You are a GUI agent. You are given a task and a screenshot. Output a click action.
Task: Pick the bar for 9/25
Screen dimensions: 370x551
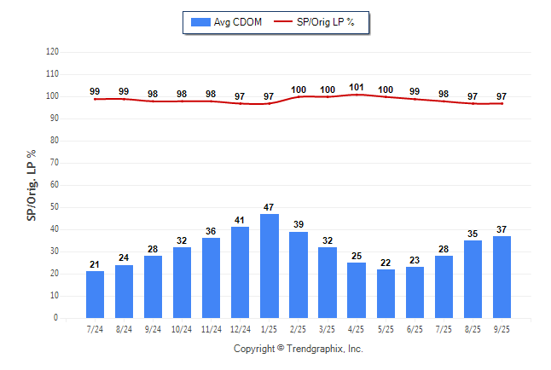pos(502,277)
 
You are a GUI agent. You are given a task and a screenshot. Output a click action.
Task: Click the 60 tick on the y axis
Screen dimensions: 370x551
pos(55,185)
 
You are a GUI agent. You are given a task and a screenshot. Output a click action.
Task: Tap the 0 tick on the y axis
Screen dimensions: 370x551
pos(56,318)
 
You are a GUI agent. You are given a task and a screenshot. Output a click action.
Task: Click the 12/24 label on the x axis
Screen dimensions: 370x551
pos(241,328)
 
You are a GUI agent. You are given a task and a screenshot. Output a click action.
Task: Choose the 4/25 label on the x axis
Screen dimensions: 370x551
pos(357,328)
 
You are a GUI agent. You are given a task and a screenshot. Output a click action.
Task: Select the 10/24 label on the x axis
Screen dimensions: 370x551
pos(182,328)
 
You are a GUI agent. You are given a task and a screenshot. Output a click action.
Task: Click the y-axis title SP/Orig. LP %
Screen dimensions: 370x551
pos(32,184)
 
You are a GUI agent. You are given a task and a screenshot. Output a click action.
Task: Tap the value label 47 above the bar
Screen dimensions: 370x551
pos(270,207)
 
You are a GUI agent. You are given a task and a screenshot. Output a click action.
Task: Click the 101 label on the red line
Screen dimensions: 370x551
pos(357,87)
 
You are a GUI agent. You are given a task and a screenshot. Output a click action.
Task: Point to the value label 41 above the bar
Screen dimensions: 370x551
pos(241,220)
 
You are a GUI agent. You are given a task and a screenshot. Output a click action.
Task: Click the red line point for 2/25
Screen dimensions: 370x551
pos(299,96)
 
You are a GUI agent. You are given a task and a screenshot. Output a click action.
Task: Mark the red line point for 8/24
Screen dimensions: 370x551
pos(124,99)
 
